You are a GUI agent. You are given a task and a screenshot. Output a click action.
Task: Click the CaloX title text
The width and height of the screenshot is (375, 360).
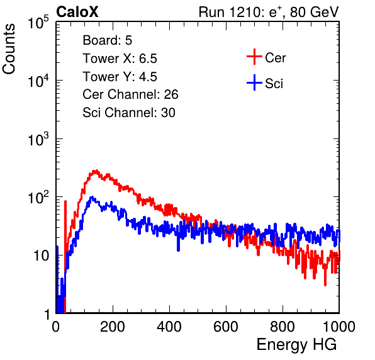77,12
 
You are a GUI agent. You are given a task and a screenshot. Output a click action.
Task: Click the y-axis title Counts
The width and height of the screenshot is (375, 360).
9,49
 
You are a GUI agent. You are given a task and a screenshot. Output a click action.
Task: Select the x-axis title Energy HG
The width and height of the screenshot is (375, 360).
296,345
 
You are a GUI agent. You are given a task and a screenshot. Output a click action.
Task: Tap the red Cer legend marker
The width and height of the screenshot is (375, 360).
254,57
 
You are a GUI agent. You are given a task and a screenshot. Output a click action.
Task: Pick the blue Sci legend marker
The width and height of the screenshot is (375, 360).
254,83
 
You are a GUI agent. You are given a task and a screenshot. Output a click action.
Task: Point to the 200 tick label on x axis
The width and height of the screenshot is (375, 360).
113,327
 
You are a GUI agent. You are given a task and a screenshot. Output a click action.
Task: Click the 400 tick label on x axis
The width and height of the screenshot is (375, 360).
169,327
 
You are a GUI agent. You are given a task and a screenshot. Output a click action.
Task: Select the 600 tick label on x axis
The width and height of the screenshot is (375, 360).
226,327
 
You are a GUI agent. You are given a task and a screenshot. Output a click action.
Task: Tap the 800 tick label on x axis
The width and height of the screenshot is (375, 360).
283,327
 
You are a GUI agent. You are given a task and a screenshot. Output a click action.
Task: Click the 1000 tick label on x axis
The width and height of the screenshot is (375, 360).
339,327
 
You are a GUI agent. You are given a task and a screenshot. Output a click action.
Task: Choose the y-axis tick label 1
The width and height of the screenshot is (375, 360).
47,314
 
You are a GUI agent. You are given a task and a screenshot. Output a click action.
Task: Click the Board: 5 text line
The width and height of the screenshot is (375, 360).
108,40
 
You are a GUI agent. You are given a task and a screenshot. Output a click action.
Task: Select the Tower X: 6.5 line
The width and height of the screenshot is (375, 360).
120,59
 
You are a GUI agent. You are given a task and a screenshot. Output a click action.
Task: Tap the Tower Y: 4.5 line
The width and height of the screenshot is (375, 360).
120,77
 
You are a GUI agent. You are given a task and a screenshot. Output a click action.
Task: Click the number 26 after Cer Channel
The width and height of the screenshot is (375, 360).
171,94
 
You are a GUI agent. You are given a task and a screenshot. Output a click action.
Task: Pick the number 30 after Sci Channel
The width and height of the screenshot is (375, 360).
168,113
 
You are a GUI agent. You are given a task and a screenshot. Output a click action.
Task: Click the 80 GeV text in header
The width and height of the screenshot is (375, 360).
314,12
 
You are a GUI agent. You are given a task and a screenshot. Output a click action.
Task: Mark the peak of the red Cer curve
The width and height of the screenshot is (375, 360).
96,171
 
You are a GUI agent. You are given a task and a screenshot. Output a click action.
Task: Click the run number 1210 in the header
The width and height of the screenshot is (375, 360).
244,12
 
